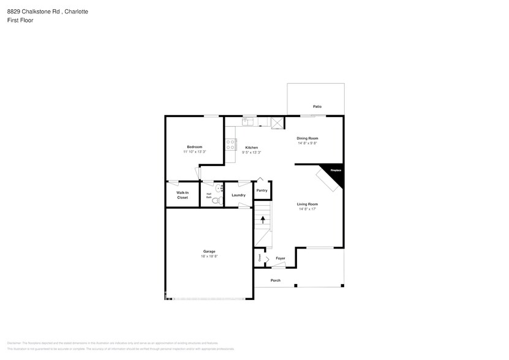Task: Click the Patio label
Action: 317,107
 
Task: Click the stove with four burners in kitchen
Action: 231,144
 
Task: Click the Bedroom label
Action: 195,147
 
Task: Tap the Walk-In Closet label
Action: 183,195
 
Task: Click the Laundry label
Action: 238,195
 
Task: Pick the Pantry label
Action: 262,190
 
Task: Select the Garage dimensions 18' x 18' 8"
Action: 209,257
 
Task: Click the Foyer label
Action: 281,258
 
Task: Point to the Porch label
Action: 276,280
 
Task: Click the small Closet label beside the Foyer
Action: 259,259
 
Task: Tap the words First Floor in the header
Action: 21,20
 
